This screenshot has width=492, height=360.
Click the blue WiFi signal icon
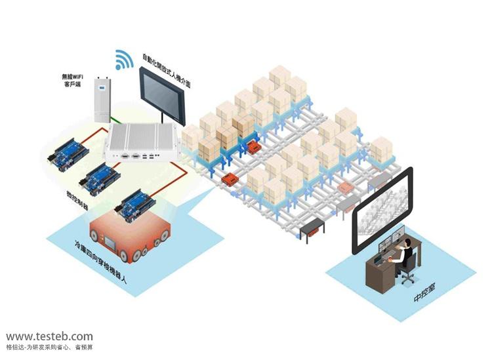point(123,59)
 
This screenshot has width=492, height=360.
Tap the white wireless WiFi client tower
point(102,98)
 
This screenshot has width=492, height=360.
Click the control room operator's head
point(407,245)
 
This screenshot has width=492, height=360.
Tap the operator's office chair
point(409,268)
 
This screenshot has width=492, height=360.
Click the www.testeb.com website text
point(49,335)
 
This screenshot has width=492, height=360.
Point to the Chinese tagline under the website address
point(49,348)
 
